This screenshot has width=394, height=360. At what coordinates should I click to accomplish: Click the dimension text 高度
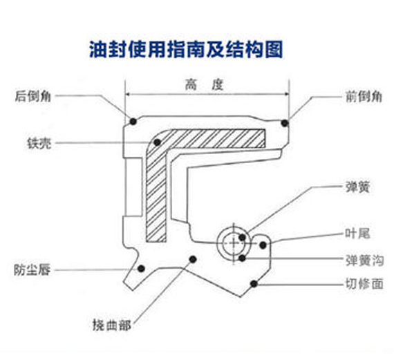pyautogui.click(x=206, y=85)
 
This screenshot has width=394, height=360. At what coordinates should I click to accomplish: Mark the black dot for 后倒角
pyautogui.click(x=133, y=122)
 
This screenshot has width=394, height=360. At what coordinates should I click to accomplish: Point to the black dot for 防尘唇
pyautogui.click(x=142, y=268)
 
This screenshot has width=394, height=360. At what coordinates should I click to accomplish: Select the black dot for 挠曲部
pyautogui.click(x=192, y=259)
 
